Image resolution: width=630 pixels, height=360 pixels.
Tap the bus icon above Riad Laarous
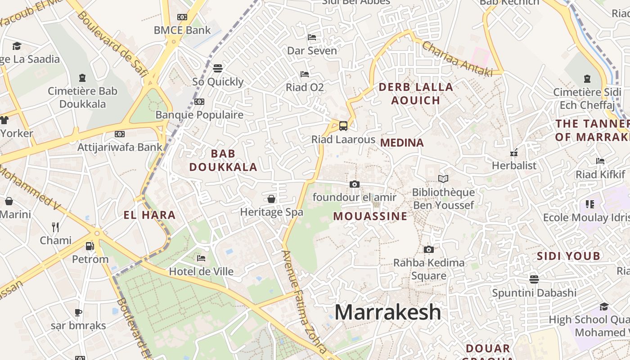(343, 126)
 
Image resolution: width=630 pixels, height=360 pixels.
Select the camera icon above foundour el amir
(355, 184)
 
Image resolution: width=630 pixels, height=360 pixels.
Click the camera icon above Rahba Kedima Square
(429, 249)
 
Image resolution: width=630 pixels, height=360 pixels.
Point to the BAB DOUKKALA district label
(223, 160)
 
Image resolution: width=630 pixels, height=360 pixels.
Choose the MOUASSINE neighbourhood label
(370, 216)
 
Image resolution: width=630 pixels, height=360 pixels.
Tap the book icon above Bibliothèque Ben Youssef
(443, 179)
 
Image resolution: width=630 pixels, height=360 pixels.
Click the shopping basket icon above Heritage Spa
(271, 199)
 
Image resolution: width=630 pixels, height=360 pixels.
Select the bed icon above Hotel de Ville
(201, 258)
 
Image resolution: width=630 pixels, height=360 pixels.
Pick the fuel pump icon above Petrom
(90, 246)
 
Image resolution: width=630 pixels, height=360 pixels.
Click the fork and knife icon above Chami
(55, 227)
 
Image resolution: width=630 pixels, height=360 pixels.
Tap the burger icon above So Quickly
(218, 68)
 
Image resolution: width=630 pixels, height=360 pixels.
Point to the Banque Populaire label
(199, 115)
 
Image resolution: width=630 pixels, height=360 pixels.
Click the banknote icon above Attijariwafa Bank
(119, 134)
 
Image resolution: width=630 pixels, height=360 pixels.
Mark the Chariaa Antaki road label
(457, 58)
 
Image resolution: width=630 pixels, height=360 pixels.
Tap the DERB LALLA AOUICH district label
(415, 94)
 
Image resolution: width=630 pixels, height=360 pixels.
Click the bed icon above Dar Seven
(312, 37)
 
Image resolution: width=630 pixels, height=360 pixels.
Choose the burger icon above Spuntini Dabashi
(534, 279)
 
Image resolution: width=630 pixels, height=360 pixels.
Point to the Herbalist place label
(514, 166)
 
